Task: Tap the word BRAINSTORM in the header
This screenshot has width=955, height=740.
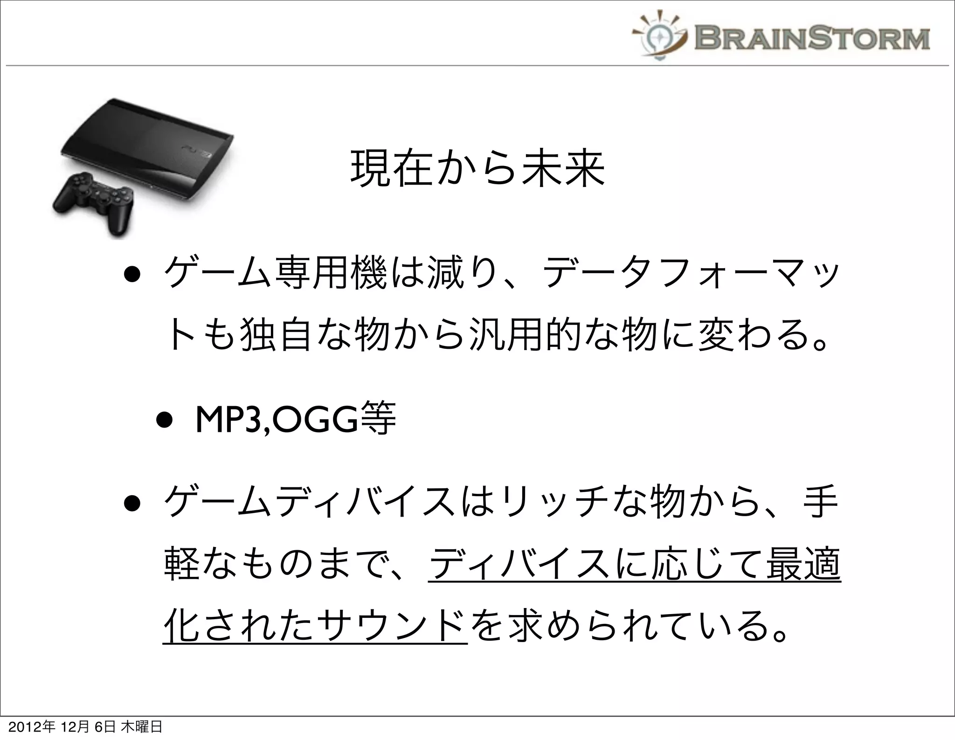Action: click(811, 38)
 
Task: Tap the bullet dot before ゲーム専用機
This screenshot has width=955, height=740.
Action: click(132, 277)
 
